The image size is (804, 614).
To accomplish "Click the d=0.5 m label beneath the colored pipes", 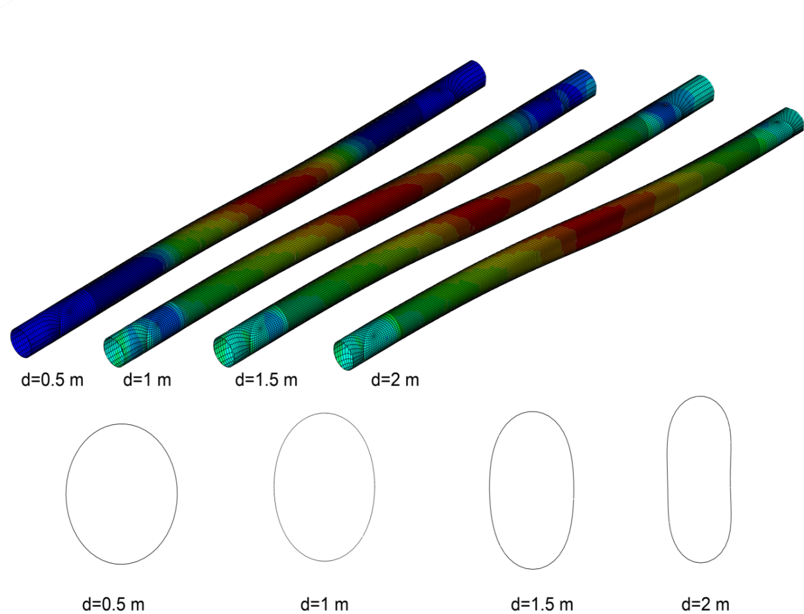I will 53,380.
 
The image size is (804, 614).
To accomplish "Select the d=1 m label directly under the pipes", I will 147,380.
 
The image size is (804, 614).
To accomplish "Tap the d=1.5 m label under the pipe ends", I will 266,380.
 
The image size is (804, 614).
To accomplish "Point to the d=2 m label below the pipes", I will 395,380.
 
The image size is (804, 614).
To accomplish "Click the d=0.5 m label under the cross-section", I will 113,604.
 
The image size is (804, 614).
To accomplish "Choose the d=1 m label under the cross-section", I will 324,604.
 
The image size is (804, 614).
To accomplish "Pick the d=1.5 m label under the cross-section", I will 542,604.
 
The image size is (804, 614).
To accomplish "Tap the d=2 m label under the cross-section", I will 705,604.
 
